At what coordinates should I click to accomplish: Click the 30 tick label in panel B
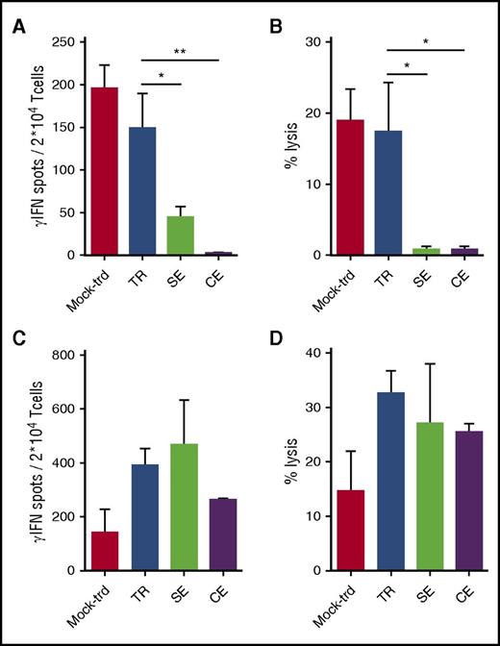312,42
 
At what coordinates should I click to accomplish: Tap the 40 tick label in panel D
312,356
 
